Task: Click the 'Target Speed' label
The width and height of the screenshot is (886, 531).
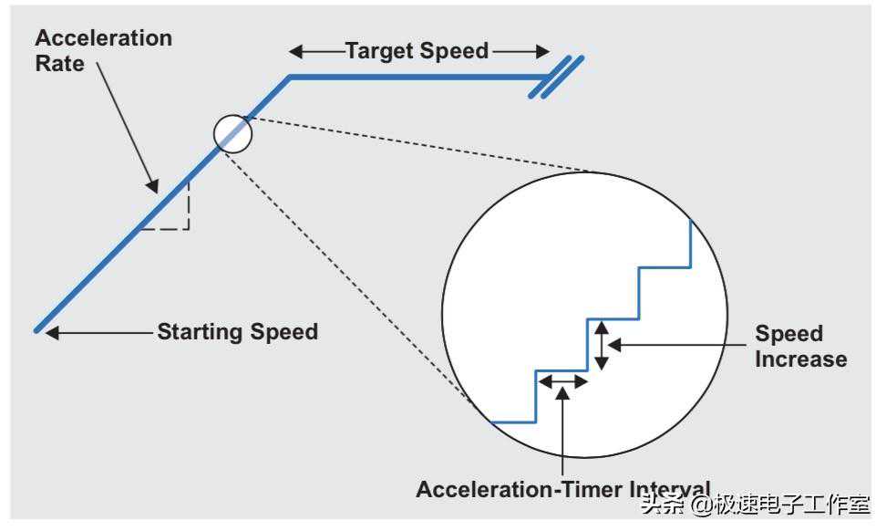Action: point(417,51)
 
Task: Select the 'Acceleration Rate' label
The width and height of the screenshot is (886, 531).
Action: point(103,51)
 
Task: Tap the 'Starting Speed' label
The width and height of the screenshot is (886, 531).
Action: point(237,331)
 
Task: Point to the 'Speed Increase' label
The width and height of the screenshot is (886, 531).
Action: point(800,346)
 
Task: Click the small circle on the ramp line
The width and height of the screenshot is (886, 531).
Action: point(232,133)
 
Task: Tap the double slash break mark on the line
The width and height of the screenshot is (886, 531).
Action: point(557,77)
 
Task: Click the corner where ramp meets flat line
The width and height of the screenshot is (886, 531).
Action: point(290,77)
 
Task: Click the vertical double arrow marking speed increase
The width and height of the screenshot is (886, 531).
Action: point(601,346)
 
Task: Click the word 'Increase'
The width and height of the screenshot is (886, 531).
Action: point(800,359)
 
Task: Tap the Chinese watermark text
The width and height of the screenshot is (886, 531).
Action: point(755,505)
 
